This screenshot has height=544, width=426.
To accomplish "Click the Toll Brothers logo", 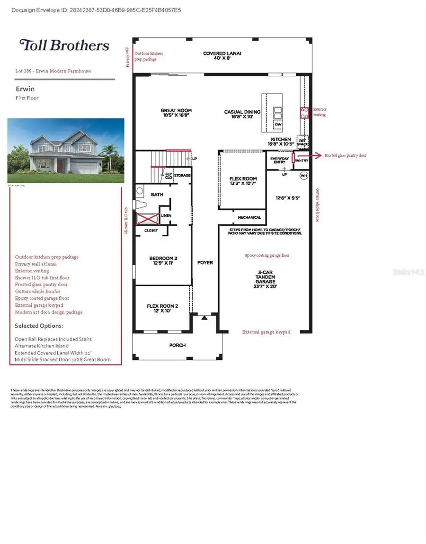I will [64, 45].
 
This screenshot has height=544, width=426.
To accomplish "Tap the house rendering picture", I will [66, 151].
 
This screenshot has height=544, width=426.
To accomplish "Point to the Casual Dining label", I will [241, 115].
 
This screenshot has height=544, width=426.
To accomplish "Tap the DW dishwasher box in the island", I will [278, 125].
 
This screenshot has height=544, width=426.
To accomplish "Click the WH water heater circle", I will [304, 176].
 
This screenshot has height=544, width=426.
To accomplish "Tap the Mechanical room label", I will [249, 217].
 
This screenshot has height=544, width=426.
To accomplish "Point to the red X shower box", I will [147, 218].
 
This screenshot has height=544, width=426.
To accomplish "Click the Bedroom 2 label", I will [163, 260].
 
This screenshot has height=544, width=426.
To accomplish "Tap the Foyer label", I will [205, 262].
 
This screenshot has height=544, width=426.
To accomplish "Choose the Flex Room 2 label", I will [162, 309].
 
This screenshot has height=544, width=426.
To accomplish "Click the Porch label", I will [177, 345].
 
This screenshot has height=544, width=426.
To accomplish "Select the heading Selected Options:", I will [39, 326].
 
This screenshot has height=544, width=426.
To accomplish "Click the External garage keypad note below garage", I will [266, 332].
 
